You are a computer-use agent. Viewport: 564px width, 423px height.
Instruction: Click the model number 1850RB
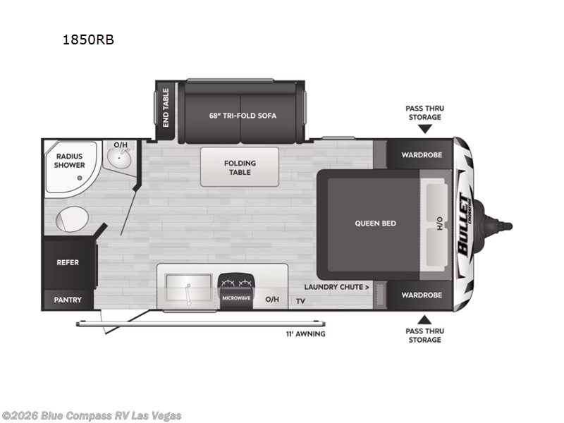point(88,40)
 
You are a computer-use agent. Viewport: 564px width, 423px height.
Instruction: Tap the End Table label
point(166,106)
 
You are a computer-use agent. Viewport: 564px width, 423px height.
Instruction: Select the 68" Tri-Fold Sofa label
point(243,115)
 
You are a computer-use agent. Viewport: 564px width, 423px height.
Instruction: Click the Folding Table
point(240,167)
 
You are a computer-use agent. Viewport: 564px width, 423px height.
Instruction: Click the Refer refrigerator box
point(68,262)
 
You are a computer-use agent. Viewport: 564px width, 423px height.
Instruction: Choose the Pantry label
point(68,300)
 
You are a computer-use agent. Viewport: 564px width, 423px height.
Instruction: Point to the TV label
point(300,301)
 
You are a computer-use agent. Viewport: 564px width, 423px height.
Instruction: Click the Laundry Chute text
point(337,287)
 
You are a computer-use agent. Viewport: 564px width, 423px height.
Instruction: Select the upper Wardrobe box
point(421,154)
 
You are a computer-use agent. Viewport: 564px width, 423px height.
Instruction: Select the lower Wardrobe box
point(421,295)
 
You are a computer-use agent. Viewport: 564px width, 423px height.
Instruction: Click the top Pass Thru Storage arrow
point(424,128)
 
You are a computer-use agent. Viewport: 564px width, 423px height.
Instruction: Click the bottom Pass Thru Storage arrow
point(424,319)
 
